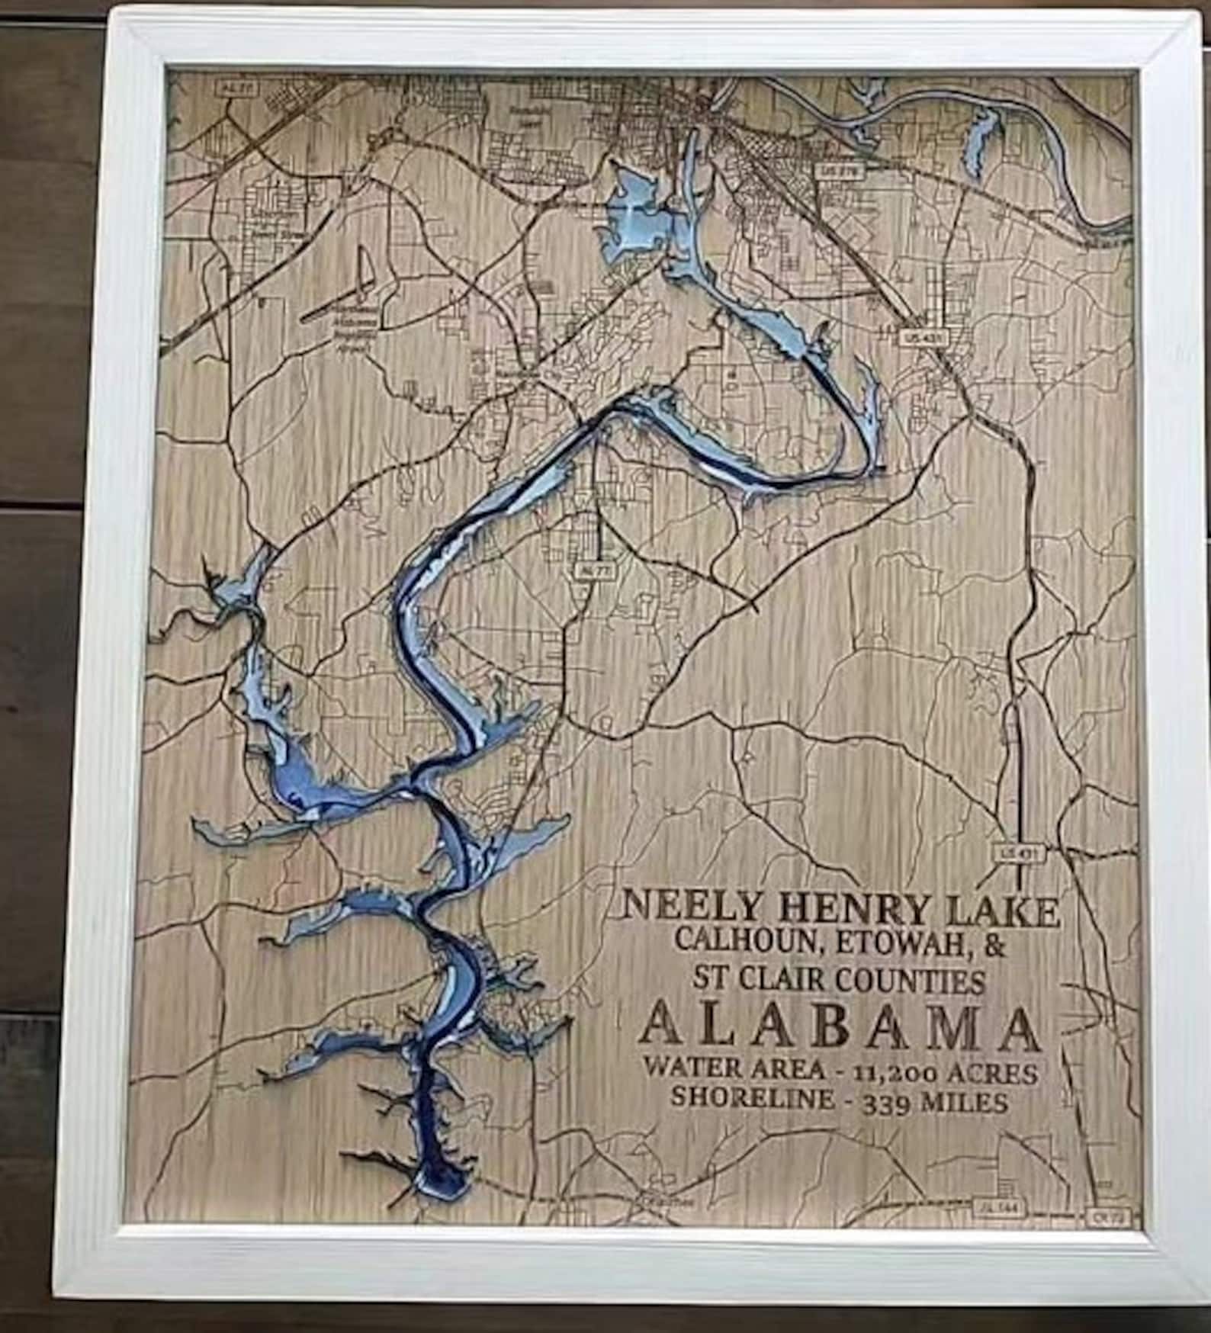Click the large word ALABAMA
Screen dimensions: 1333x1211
pos(840,1026)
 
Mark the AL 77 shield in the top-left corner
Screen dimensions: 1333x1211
pos(237,89)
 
